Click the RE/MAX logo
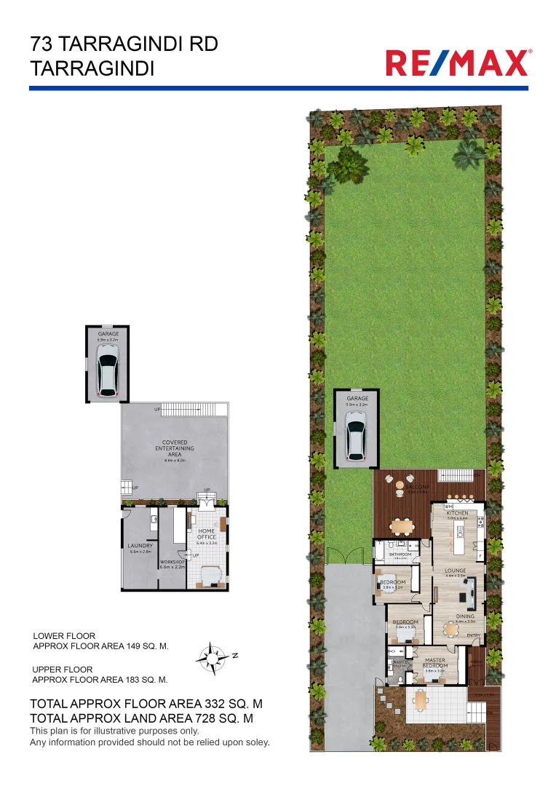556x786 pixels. click(458, 63)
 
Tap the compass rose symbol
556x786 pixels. click(210, 656)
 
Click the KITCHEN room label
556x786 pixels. click(457, 513)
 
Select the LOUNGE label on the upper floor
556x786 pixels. click(456, 571)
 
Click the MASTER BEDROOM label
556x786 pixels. click(435, 663)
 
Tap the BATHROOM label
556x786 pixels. click(400, 555)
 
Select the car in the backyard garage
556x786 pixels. click(357, 436)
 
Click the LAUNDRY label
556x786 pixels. click(139, 545)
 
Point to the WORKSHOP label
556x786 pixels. click(173, 562)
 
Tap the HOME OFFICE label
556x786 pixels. click(207, 534)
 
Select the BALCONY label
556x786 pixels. click(416, 488)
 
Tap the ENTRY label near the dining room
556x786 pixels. click(474, 635)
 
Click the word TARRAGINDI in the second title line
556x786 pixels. click(92, 69)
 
